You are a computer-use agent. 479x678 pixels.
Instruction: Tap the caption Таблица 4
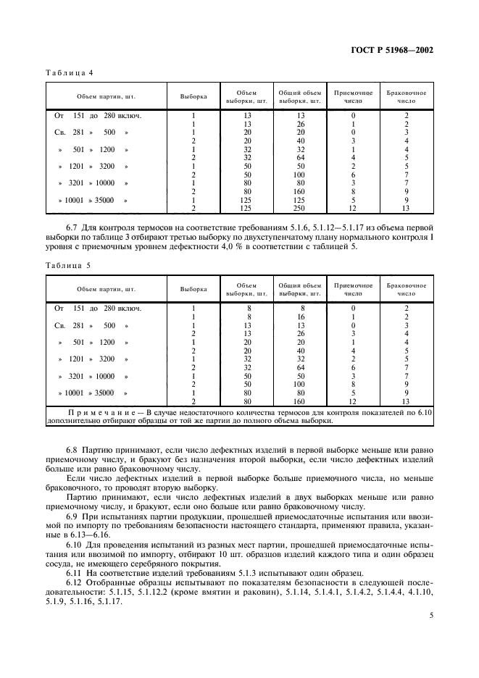coord(70,73)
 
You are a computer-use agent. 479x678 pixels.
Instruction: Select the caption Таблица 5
coord(70,265)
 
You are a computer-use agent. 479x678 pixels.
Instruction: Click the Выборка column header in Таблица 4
coord(193,96)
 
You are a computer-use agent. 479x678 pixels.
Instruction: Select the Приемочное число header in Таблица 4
coord(353,97)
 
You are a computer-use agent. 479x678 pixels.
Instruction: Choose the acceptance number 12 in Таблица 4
coord(353,209)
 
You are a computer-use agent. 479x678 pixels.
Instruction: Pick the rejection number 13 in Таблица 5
coord(407,401)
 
